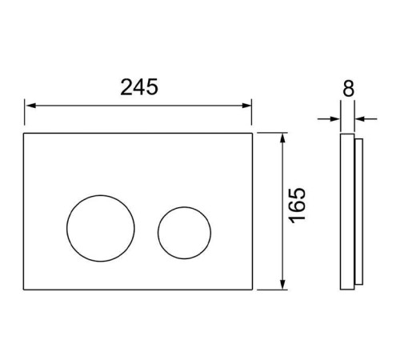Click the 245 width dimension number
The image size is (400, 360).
pos(139,87)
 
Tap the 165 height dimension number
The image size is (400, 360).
pos(297,206)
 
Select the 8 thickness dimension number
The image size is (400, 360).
pos(348,88)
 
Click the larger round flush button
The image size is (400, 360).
pos(101,228)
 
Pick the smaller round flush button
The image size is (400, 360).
pos(184,233)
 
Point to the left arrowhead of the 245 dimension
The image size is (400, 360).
pos(31,106)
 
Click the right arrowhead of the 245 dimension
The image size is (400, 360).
pos(246,106)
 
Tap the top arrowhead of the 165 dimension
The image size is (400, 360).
pos(283,138)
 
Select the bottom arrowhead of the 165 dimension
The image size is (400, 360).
pos(283,284)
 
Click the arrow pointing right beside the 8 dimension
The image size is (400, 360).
pos(329,119)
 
